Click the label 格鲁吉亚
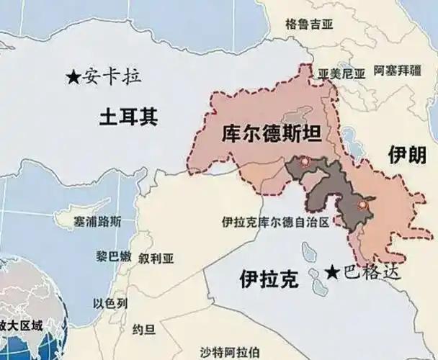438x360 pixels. (310, 24)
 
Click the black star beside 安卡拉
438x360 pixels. (73, 76)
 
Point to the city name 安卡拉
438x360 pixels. (112, 75)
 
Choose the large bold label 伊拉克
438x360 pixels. (269, 279)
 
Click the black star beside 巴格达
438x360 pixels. (331, 271)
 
